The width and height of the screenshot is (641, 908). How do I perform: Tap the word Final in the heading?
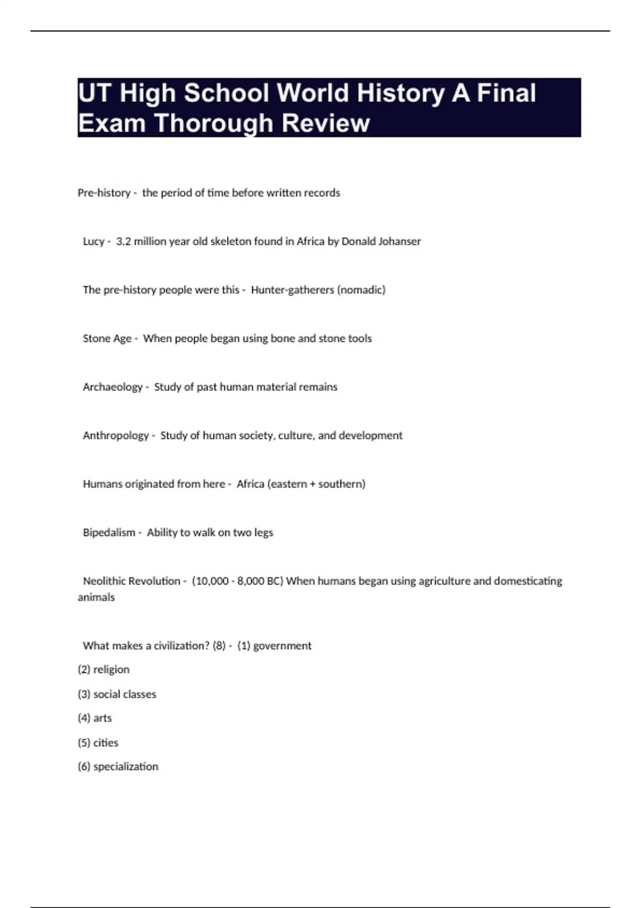(x=506, y=93)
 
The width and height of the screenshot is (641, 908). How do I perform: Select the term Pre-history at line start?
(x=104, y=193)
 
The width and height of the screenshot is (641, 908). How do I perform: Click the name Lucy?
(x=93, y=241)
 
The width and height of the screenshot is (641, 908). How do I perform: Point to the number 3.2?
(x=123, y=241)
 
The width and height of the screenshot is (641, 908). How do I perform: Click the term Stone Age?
(x=107, y=339)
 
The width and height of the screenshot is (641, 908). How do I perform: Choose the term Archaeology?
(x=113, y=387)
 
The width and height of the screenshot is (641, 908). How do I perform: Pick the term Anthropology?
(x=116, y=436)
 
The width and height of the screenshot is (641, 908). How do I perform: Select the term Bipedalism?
(x=109, y=533)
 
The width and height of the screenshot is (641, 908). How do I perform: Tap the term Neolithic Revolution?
(x=131, y=581)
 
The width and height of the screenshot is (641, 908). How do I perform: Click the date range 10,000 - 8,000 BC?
(x=238, y=581)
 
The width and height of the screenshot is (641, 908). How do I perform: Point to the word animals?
(x=96, y=597)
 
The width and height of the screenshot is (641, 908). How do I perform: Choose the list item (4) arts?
(x=95, y=718)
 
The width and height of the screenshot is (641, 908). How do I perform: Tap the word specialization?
(x=126, y=766)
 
